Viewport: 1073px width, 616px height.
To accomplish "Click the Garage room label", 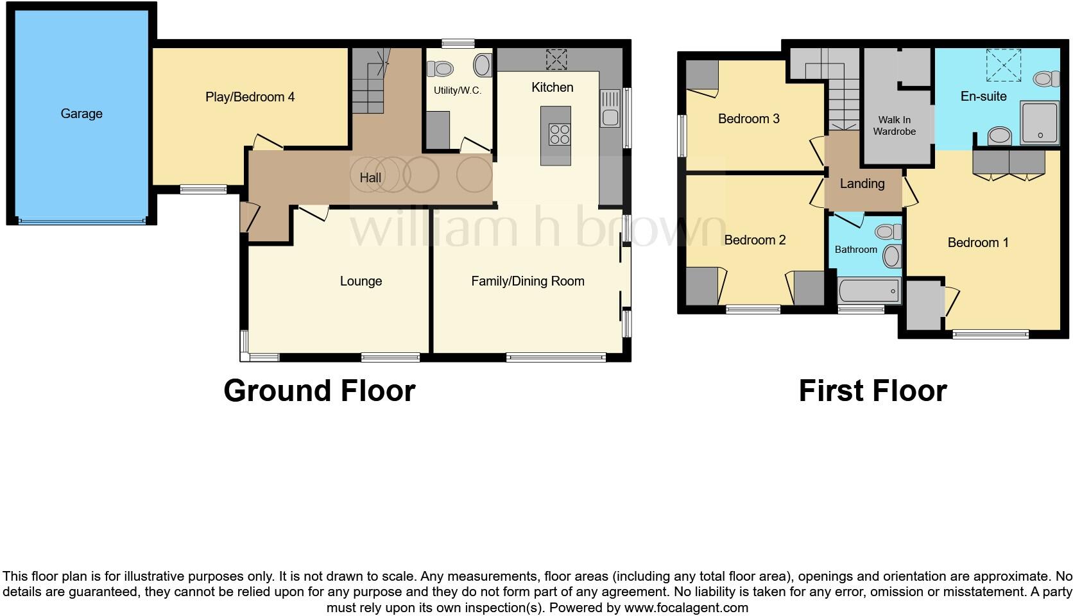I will coord(82,114).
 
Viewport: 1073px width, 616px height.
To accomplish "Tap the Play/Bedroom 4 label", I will coord(250,97).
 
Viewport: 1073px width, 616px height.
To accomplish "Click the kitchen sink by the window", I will coord(610,117).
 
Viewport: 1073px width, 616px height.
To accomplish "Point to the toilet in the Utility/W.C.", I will coord(442,67).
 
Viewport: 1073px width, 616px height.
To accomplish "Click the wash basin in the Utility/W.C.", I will coord(483,65).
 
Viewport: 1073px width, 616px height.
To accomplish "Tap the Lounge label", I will coord(361,281).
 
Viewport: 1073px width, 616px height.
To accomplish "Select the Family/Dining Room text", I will coord(528,281).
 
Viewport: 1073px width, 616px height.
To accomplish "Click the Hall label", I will coord(370,178).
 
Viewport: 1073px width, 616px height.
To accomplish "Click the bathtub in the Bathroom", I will coord(870,291).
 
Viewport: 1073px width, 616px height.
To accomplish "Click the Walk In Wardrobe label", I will coord(894,126).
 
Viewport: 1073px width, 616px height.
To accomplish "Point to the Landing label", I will coord(862,184).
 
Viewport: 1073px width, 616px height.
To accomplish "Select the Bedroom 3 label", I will coord(748,119).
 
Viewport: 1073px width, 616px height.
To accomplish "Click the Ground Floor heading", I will coord(320,390).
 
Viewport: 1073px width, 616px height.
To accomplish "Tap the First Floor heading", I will coord(872,390).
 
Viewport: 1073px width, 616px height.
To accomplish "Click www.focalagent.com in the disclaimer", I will coord(685,607).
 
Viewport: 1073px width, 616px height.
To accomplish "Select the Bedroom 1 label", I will coord(977,243).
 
